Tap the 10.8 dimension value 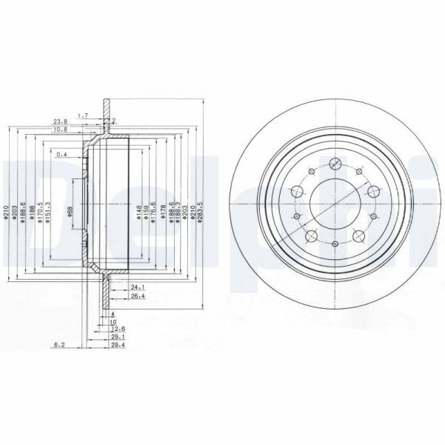tap(61, 130)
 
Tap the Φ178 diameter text tap(162, 213)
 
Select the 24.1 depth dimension tap(135, 287)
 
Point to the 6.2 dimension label tap(61, 344)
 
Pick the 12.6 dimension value tap(116, 328)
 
